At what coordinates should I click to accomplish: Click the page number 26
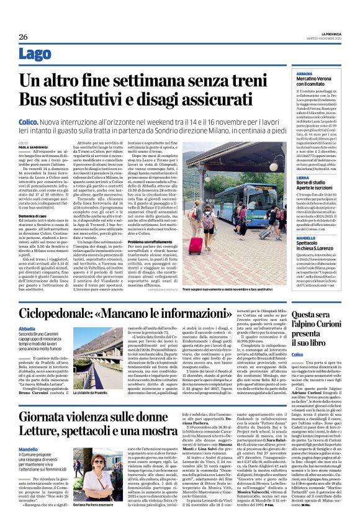23,37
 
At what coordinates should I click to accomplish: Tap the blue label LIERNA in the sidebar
287,177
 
